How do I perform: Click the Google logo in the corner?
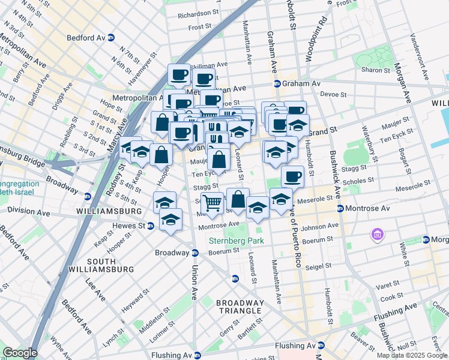click(19, 353)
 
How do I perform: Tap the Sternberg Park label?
click(236, 241)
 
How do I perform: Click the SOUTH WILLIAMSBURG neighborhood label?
click(110, 265)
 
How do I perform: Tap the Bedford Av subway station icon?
click(111, 37)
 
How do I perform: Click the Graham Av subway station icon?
click(277, 83)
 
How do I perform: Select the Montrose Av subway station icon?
click(340, 208)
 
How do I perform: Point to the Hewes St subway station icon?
click(151, 226)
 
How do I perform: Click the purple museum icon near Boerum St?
click(378, 233)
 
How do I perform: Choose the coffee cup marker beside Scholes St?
click(292, 176)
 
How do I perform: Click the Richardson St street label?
click(199, 13)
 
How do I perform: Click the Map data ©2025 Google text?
click(412, 355)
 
